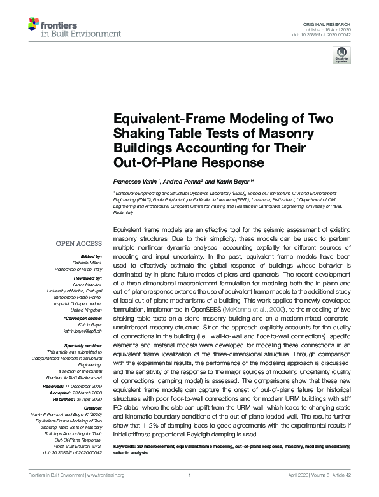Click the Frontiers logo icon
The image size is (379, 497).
point(34,24)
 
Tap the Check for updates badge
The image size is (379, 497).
point(341,56)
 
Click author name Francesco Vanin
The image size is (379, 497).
point(135,182)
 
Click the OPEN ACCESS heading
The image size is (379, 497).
point(79,243)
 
